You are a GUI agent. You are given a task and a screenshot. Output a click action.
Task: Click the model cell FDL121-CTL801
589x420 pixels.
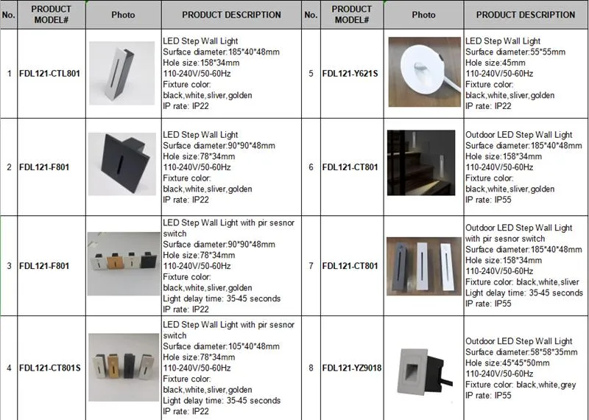pyautogui.click(x=48, y=74)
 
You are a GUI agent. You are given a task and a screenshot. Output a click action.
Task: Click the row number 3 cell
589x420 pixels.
pyautogui.click(x=9, y=265)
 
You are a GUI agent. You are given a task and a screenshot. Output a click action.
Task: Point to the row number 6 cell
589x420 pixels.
pyautogui.click(x=311, y=167)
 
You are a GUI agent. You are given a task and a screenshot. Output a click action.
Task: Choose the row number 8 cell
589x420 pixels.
pyautogui.click(x=311, y=367)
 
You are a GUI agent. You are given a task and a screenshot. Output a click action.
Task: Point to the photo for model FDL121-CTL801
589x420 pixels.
pyautogui.click(x=122, y=73)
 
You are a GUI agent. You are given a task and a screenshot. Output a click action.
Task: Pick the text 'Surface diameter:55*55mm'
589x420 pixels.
pyautogui.click(x=515, y=52)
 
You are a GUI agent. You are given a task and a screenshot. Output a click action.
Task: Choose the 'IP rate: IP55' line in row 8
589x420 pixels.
pyautogui.click(x=488, y=396)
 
